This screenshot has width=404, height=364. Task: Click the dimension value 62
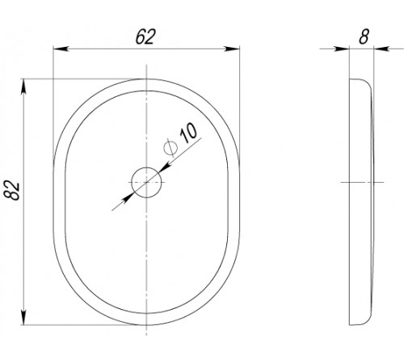tap(145, 37)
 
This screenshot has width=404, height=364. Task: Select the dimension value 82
tap(12, 191)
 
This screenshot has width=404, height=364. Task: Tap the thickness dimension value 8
tap(364, 36)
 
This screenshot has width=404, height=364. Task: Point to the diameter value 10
tap(188, 133)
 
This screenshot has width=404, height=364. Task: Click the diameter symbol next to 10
tap(170, 148)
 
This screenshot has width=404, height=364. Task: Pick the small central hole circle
tap(146, 183)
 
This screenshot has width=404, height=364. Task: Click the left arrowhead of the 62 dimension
tap(60, 49)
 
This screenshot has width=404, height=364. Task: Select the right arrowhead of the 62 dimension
tap(233, 49)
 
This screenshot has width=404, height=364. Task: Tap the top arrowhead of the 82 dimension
tap(23, 87)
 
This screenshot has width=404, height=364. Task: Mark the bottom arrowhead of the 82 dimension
tap(23, 318)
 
